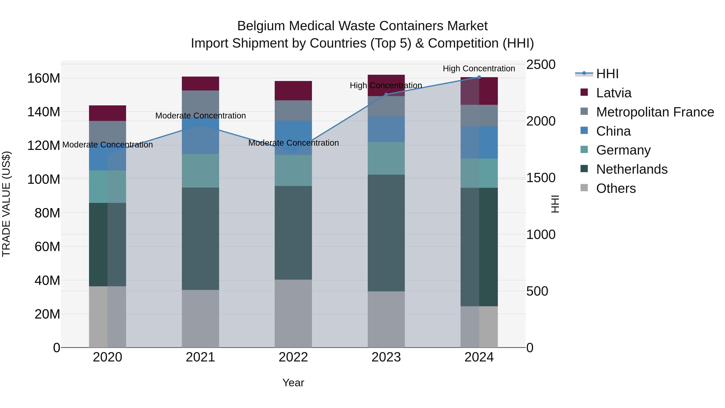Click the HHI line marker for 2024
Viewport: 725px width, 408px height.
tap(479, 77)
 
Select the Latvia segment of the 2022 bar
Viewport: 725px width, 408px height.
tap(293, 91)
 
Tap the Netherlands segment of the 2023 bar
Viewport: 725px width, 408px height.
tap(386, 233)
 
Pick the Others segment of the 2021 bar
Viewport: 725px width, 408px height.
tap(200, 319)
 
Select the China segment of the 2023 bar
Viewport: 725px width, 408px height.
tap(386, 129)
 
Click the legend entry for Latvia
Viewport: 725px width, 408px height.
tap(614, 93)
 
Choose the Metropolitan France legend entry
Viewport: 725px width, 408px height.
tap(655, 112)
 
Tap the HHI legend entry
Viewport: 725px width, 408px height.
tap(607, 74)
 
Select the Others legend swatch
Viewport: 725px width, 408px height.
tap(584, 188)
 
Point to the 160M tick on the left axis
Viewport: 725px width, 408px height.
tap(44, 78)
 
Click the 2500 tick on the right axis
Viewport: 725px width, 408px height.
tap(541, 64)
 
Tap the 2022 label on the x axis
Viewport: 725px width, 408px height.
tap(293, 357)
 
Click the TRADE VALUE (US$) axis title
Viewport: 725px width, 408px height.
tap(6, 204)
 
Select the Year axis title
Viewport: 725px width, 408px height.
tap(293, 383)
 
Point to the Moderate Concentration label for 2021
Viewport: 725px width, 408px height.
tap(200, 116)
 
